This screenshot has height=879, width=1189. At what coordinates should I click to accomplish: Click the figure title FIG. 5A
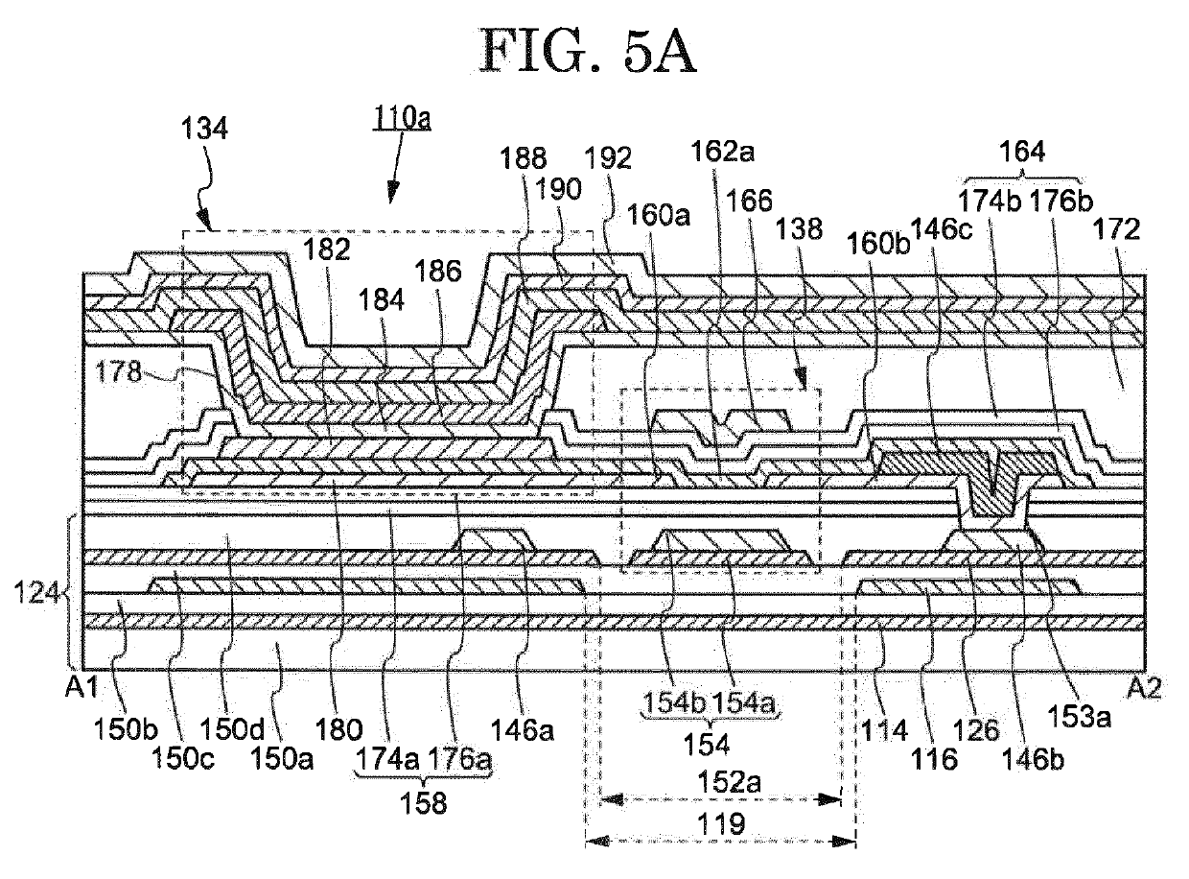tap(589, 51)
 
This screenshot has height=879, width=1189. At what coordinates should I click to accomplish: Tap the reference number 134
tap(204, 129)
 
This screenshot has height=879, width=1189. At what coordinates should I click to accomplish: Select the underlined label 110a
tap(402, 119)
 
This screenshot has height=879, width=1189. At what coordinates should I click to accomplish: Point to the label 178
tap(119, 370)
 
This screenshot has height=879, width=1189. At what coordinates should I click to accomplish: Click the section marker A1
tap(82, 687)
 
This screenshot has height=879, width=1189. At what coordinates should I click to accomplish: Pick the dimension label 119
tap(721, 823)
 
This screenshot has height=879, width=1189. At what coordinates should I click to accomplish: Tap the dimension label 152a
tap(729, 782)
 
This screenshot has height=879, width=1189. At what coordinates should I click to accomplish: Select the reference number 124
tap(35, 594)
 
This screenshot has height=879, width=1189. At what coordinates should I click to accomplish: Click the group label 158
tap(424, 803)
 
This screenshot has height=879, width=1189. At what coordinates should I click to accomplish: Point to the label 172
tap(1116, 229)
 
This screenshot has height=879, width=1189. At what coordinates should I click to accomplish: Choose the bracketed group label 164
tap(1022, 152)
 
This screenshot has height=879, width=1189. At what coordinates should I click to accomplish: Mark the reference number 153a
tap(1079, 717)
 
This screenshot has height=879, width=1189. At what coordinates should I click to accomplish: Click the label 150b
tap(126, 728)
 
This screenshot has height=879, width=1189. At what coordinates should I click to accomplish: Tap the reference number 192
tap(608, 158)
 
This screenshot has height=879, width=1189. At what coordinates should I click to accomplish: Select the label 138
tap(799, 229)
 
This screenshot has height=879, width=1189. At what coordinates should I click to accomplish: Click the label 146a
tap(523, 730)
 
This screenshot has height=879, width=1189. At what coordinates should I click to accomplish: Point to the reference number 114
tap(884, 730)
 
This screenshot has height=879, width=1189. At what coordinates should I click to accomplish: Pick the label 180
tap(338, 730)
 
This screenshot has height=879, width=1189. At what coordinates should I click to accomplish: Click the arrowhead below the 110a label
tap(392, 192)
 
